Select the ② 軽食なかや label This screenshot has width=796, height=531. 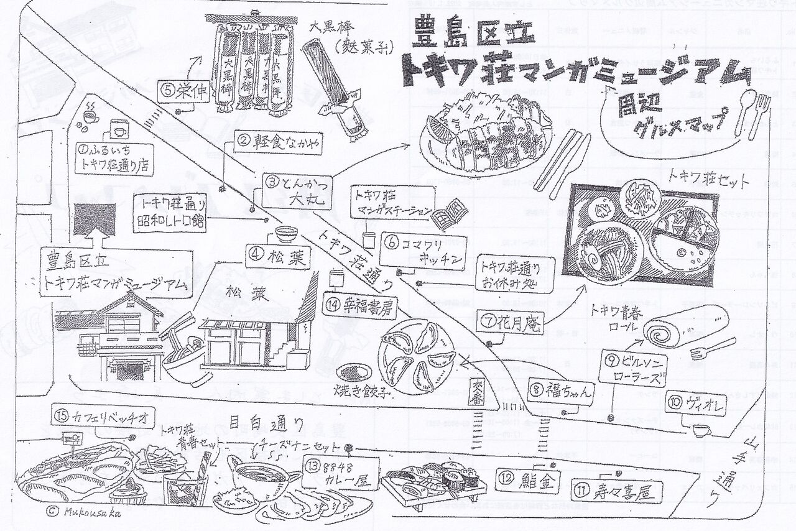coord(280,144)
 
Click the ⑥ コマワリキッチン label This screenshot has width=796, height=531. coord(423,251)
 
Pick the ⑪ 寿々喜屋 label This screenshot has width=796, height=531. coord(616,492)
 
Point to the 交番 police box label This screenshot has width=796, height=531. coord(478,392)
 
